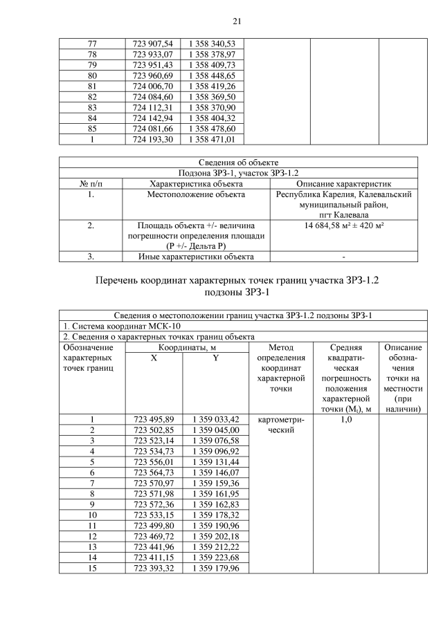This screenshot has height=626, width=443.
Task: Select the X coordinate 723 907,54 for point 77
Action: tap(153, 44)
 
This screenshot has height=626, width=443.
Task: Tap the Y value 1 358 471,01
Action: tap(213, 139)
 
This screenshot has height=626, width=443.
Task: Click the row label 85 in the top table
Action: tap(92, 129)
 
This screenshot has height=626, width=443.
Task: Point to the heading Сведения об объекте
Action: tap(238, 163)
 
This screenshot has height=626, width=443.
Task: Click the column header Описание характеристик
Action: tap(344, 184)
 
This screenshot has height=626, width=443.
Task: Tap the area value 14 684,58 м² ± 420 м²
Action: tap(344, 225)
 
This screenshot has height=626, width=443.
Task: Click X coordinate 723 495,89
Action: tap(153, 419)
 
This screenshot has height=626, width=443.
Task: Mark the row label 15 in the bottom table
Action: tap(92, 569)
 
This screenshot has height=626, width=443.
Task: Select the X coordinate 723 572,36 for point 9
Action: tap(153, 504)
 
